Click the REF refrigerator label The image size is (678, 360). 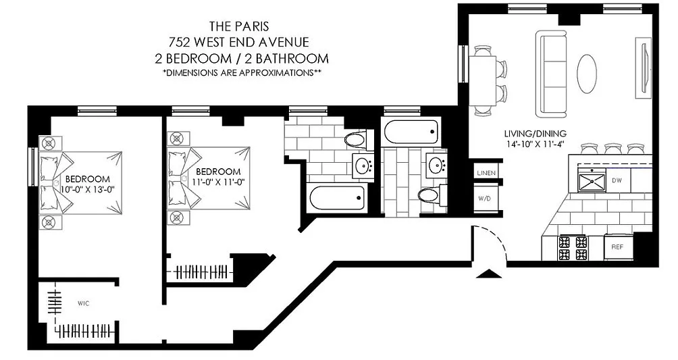click(x=617, y=247)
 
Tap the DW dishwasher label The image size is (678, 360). click(x=617, y=180)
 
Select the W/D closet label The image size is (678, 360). click(x=484, y=199)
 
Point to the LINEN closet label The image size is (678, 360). click(x=486, y=173)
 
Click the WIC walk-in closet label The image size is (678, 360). click(x=84, y=303)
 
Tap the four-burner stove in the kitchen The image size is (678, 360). click(x=573, y=248)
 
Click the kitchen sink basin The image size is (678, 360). click(x=592, y=181)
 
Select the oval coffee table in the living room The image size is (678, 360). click(x=588, y=73)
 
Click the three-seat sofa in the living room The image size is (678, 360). click(x=551, y=74)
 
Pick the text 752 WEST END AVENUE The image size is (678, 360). click(x=238, y=42)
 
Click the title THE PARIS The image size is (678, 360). click(x=238, y=26)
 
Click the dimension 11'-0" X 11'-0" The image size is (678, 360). click(x=217, y=182)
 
